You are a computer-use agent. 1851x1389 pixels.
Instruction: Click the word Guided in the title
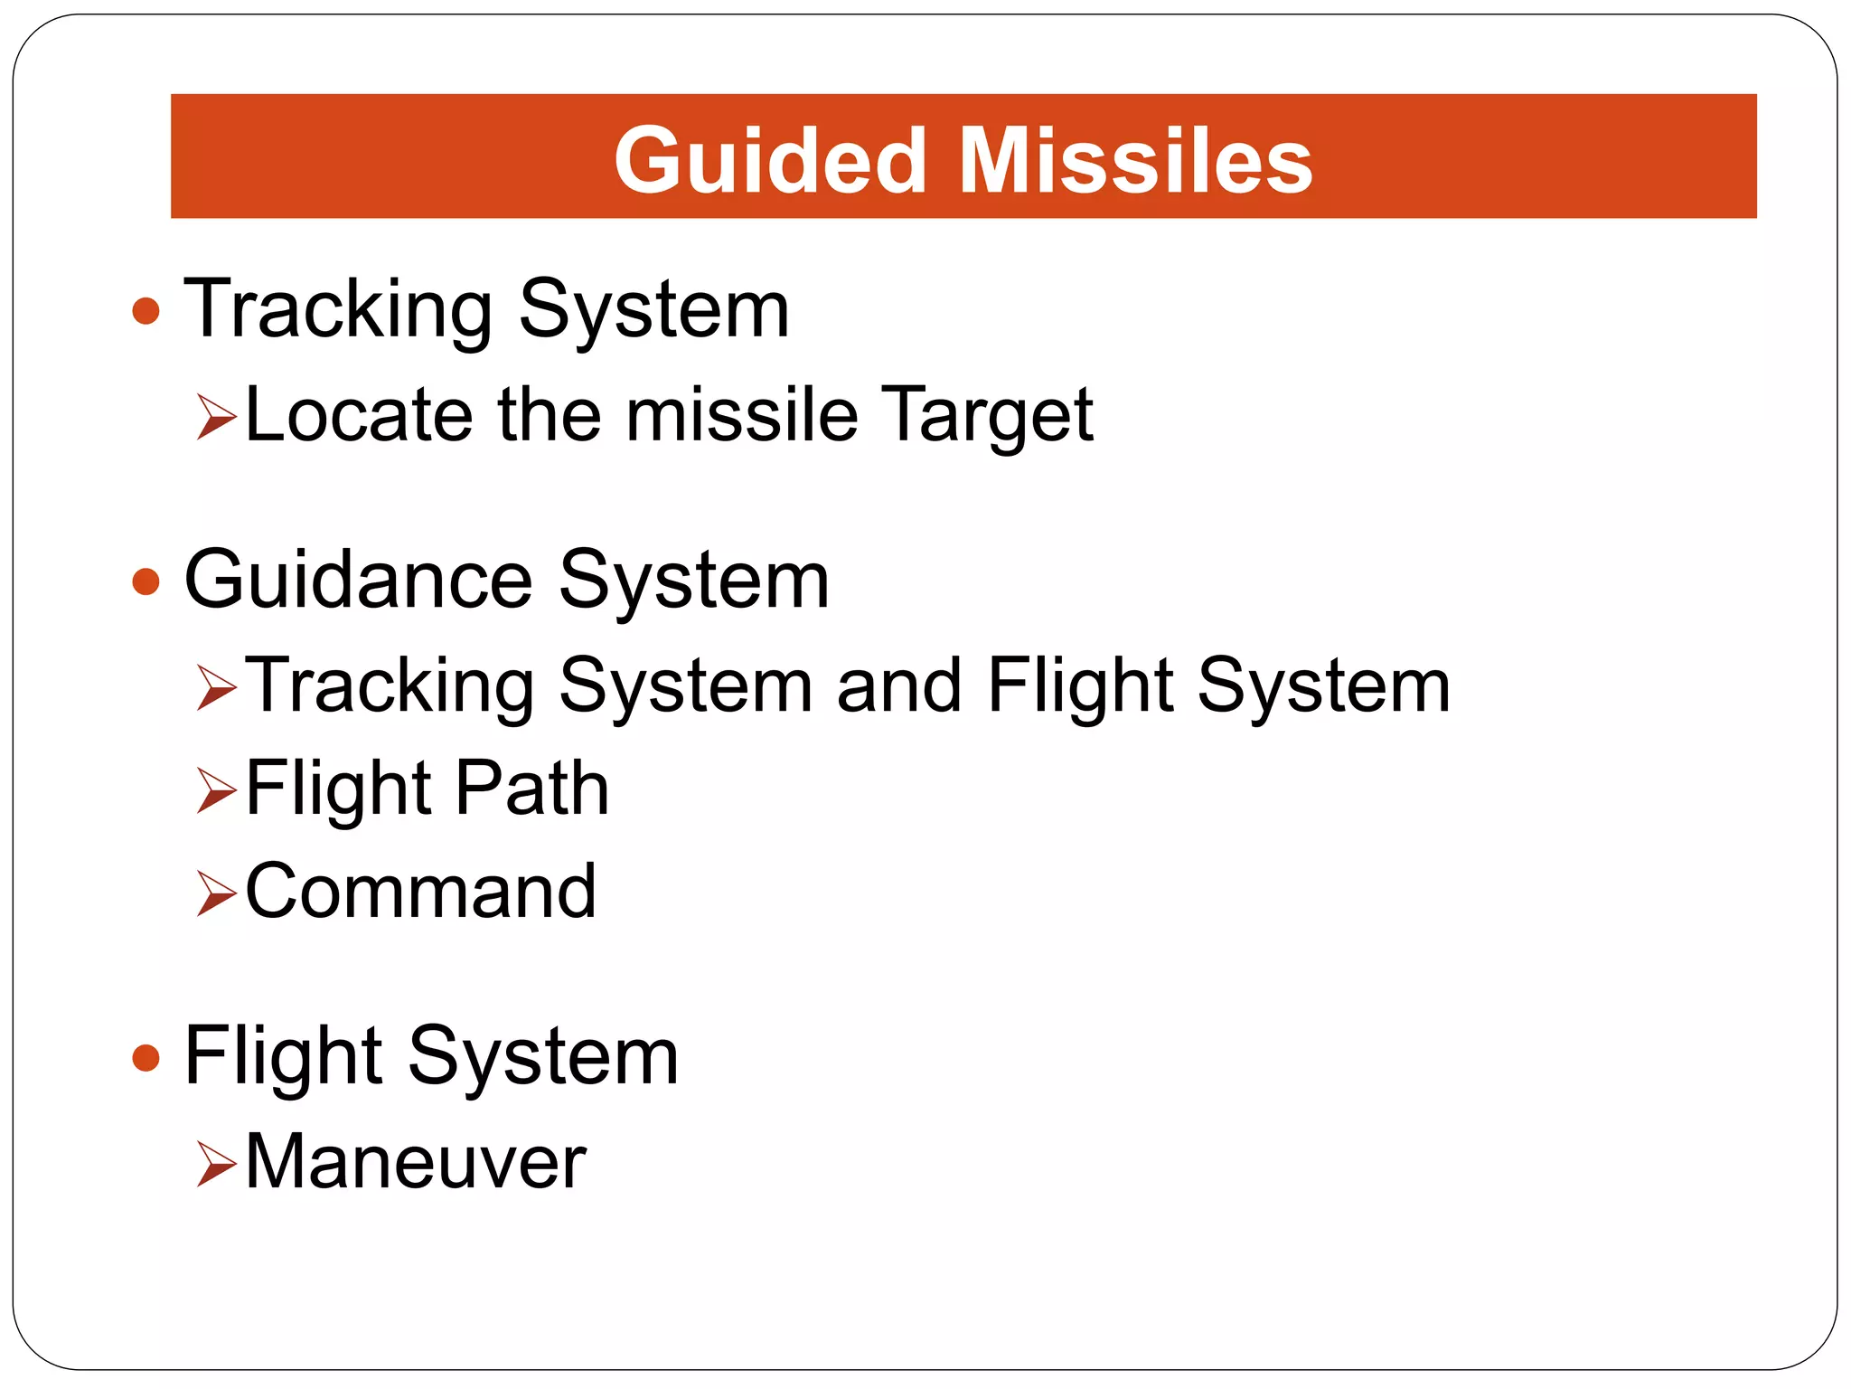click(770, 161)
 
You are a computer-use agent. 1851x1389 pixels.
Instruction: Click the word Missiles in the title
click(1135, 161)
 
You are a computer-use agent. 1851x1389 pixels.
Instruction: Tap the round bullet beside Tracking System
click(146, 312)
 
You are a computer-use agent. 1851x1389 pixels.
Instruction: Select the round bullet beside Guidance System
click(146, 581)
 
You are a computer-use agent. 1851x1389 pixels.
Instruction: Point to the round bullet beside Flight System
click(146, 1057)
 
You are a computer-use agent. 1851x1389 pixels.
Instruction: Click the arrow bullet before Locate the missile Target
click(216, 417)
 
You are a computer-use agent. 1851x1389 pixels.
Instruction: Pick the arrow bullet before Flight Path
click(216, 790)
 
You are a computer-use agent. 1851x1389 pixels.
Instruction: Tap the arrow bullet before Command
click(216, 893)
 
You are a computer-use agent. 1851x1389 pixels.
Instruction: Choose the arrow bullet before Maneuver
click(216, 1163)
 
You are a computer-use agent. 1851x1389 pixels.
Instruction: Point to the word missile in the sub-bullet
click(741, 415)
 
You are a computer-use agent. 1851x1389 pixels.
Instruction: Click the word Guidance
click(359, 581)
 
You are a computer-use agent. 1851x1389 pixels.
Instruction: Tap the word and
click(899, 685)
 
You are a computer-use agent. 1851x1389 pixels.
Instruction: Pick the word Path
click(531, 789)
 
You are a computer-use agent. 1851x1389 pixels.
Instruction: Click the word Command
click(420, 892)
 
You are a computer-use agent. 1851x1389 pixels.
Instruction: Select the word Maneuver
click(416, 1162)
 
